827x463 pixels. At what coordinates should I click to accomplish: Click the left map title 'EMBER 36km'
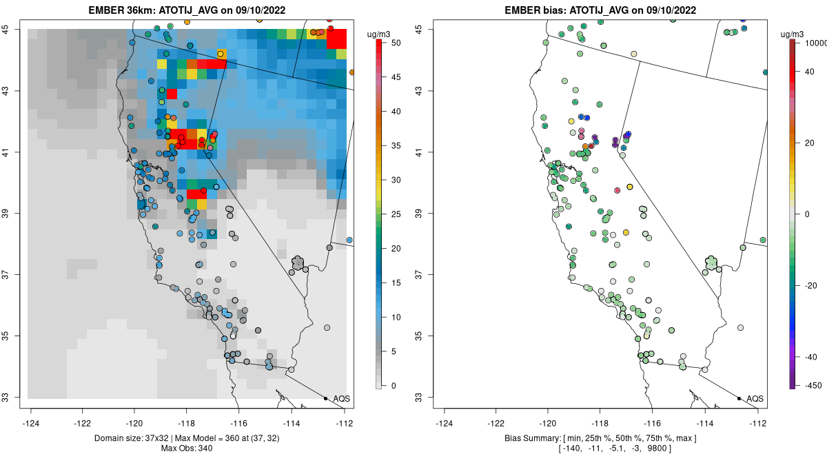point(122,10)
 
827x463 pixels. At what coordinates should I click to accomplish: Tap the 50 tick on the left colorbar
point(396,43)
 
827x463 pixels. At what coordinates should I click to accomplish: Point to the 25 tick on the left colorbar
point(396,214)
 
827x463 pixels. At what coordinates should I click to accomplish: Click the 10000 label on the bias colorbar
point(815,43)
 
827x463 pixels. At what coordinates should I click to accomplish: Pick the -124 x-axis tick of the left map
point(30,423)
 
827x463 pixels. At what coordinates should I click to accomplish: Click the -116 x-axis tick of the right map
point(653,423)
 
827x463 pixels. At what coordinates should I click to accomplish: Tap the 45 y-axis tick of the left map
point(6,29)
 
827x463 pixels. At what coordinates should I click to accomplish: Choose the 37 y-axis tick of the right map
point(419,275)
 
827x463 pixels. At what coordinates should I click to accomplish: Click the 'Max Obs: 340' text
point(187,449)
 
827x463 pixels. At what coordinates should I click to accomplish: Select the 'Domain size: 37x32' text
point(132,438)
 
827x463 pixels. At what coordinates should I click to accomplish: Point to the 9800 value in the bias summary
point(657,449)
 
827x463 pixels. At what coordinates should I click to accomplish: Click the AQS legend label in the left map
point(342,399)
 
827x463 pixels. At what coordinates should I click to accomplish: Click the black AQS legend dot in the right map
point(739,398)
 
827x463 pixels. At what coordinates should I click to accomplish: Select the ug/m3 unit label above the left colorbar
point(378,34)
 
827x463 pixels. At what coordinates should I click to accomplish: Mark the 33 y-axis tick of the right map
point(419,398)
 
